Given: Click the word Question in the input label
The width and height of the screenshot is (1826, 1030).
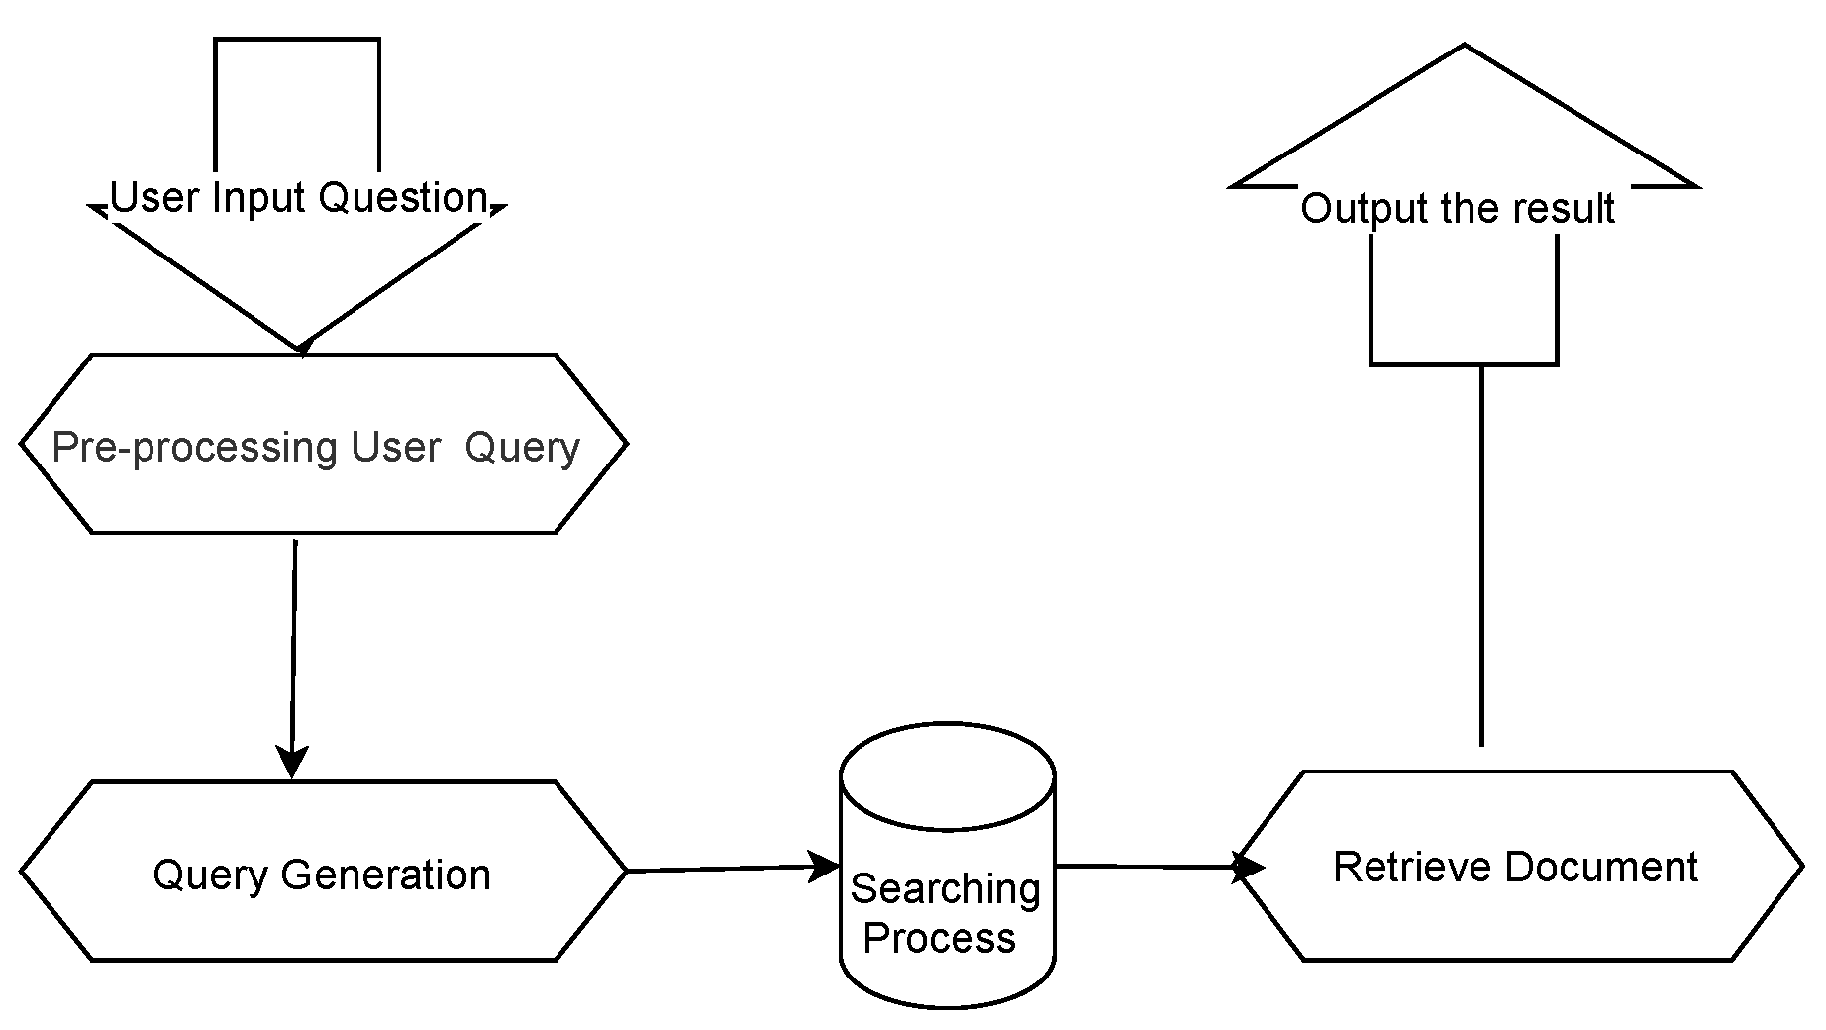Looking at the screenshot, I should (x=403, y=198).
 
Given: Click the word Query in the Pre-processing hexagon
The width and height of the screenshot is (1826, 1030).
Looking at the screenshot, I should (x=522, y=448).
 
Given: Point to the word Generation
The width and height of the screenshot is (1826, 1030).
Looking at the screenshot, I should (x=385, y=875).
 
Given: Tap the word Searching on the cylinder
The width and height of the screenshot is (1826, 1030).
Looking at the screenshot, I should (x=945, y=889).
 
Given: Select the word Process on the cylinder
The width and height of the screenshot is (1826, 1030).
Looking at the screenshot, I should (x=939, y=938).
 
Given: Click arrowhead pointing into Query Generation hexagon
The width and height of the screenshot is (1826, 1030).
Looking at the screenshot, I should (x=292, y=764).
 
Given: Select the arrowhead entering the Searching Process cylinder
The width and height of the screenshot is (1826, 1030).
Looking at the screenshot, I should (x=825, y=867).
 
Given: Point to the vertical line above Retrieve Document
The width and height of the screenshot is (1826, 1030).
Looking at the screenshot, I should (x=1481, y=555).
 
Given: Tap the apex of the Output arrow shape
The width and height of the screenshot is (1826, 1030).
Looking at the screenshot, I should (x=1465, y=48).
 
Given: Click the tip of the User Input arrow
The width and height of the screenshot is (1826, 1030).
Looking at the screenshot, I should (x=300, y=347).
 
